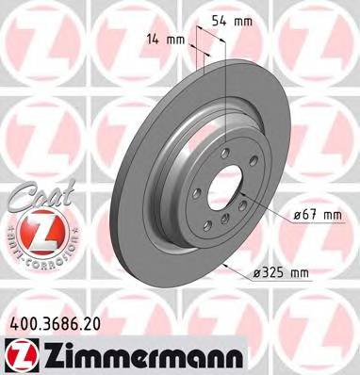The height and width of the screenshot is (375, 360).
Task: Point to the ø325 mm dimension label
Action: coord(282,273)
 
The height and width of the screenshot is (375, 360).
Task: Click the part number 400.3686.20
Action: coord(58,321)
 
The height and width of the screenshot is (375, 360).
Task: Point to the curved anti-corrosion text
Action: coord(33,253)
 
